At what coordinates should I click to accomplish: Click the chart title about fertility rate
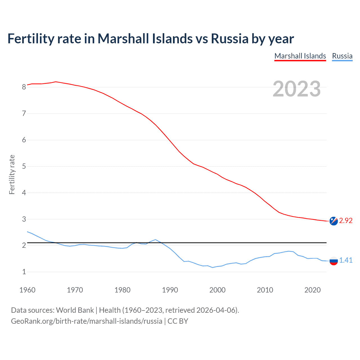coord(150,39)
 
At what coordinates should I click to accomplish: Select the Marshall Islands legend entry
coord(300,56)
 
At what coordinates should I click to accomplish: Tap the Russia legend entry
coord(342,56)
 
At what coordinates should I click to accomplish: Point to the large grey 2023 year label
coord(297,89)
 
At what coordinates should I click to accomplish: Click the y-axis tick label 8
coord(24,87)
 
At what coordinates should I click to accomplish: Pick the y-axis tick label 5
coord(24,166)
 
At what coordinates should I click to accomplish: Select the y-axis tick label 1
coord(24,272)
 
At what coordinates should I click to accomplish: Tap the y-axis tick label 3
coord(24,219)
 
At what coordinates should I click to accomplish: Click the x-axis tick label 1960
coord(27,290)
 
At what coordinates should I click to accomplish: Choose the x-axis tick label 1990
coord(170,290)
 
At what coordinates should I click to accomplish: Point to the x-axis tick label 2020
coord(312,290)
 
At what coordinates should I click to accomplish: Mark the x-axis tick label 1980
coord(122,290)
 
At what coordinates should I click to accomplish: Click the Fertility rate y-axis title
coord(12,174)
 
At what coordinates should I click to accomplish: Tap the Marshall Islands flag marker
coord(334,221)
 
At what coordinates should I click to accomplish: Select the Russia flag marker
coord(334,261)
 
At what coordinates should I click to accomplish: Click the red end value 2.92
coord(346,221)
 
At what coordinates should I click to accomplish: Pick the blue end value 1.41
coord(346,260)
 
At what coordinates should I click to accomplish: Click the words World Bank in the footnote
coord(75,310)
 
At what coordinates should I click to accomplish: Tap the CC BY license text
coord(178,321)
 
